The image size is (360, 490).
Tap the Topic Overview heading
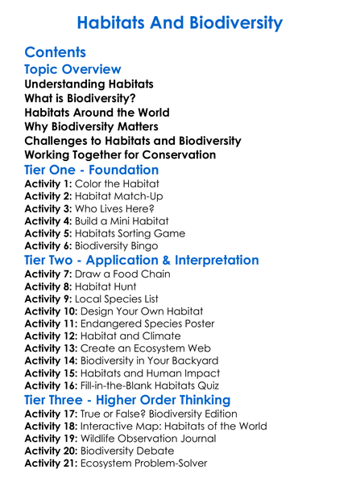73,70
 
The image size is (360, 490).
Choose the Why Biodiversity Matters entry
91,126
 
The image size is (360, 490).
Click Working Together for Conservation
120,154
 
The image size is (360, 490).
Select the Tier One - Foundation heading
92,170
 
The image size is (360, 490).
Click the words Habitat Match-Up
110,199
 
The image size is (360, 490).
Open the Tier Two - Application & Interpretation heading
142,261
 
